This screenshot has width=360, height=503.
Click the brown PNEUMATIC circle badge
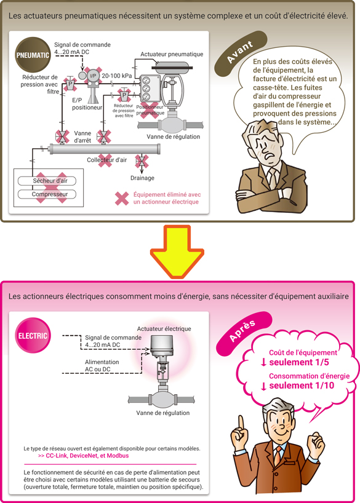(x=33, y=55)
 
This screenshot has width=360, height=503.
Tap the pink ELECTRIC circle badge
(x=33, y=336)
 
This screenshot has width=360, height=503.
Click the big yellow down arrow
(x=177, y=251)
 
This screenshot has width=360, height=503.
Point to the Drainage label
(x=142, y=178)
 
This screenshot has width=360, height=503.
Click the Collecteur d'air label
(x=107, y=160)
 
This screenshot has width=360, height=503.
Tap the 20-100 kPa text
(x=117, y=76)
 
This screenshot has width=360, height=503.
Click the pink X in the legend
(x=122, y=198)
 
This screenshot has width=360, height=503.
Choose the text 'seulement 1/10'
(x=302, y=386)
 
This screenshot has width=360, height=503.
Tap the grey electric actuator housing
(x=161, y=346)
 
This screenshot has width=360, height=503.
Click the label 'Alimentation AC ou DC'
(x=102, y=366)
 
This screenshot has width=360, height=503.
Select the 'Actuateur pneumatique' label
(x=172, y=54)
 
